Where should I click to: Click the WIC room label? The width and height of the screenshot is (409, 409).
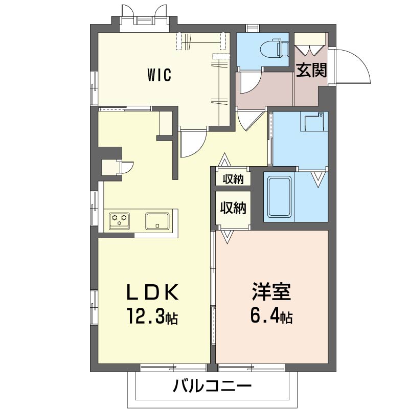(159, 75)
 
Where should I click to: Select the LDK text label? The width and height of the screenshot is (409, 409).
(153, 292)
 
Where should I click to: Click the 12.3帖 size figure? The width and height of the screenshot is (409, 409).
(152, 316)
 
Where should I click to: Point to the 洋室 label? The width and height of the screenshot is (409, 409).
(271, 291)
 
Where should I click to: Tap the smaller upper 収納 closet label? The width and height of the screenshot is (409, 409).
(233, 179)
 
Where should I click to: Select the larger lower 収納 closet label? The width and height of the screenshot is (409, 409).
(233, 208)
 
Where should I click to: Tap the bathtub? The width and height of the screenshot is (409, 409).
(280, 197)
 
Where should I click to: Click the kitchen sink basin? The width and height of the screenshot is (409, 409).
(157, 221)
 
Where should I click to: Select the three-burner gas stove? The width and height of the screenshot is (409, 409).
(120, 221)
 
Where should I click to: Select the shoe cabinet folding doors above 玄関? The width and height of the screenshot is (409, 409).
(310, 50)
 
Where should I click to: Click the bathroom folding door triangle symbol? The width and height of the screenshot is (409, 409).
(318, 179)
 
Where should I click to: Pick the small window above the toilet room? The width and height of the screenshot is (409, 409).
(252, 28)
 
